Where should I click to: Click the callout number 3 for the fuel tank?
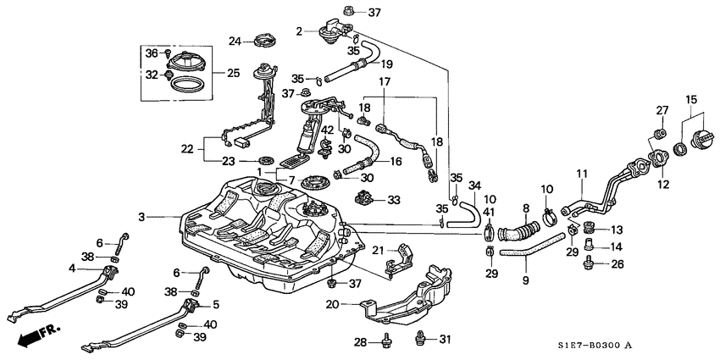tap(143, 218)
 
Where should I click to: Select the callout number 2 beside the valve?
tap(299, 30)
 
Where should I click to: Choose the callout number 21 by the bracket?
tap(379, 249)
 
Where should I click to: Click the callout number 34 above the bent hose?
tap(475, 185)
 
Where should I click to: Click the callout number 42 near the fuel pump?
tap(327, 130)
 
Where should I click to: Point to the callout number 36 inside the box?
tap(151, 53)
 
